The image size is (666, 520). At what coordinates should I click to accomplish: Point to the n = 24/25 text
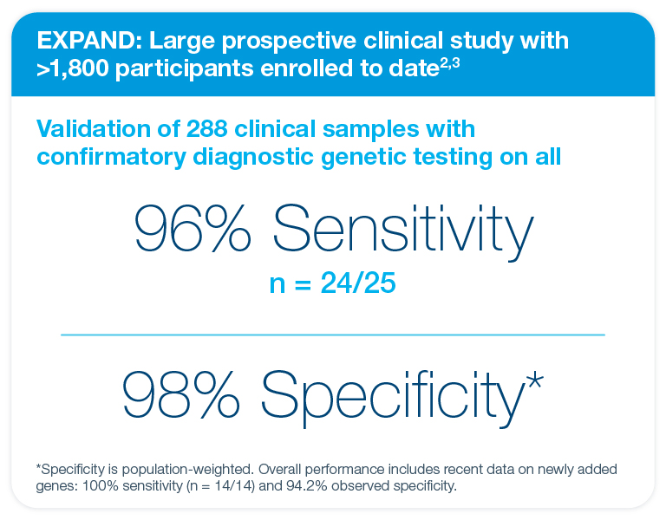334,283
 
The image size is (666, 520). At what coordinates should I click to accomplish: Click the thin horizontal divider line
333,334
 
